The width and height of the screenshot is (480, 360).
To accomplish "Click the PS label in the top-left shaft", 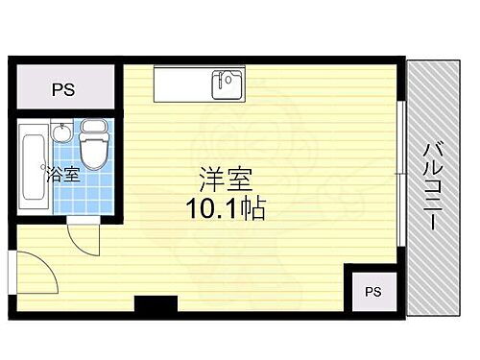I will click(63, 90).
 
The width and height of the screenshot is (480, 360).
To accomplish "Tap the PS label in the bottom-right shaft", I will click(372, 292).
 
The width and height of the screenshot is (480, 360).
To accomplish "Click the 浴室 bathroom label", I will click(62, 176).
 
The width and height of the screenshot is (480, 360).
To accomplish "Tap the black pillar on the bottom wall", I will click(156, 305).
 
